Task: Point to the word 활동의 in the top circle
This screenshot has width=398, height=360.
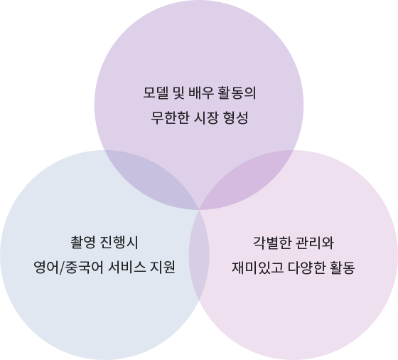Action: pyautogui.click(x=237, y=93)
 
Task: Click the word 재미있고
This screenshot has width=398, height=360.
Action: pyautogui.click(x=257, y=268)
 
